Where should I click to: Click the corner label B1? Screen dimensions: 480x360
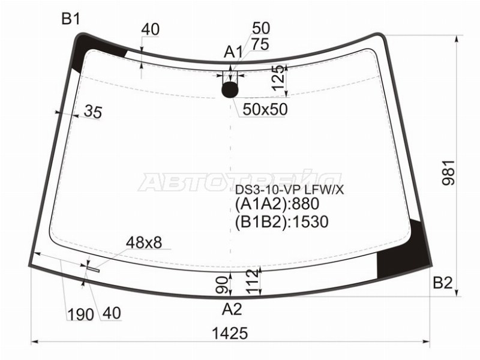71,19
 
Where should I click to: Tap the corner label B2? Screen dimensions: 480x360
443,283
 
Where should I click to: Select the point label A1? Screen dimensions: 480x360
233,52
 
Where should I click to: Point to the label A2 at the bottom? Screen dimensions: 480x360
232,309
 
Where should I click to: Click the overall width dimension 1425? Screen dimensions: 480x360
230,334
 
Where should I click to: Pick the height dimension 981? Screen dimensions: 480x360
449,173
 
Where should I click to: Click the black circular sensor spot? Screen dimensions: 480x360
230,89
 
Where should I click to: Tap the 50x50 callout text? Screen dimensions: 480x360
265,109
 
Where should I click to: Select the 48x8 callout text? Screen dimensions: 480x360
143,243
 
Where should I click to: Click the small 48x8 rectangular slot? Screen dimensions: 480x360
93,269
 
